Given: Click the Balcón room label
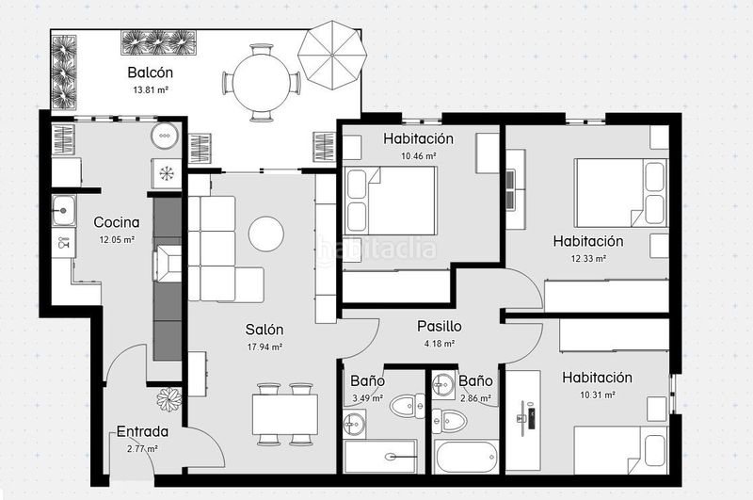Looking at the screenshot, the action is tap(151, 73).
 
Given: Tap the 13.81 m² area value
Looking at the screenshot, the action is tap(151, 89).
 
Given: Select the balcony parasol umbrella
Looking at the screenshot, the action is tap(332, 55).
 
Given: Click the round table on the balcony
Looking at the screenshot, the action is tap(262, 83).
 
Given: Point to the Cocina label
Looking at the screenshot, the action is tap(117, 222).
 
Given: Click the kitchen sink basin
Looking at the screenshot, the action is tap(63, 210).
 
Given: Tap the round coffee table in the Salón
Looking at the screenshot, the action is tap(266, 234).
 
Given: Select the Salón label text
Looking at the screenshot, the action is tap(264, 330).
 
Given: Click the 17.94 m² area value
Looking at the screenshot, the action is tap(264, 347).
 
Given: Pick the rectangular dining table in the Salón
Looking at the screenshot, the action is tap(285, 414).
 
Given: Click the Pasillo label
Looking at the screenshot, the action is tap(440, 327).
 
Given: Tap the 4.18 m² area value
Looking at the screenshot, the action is tap(440, 344).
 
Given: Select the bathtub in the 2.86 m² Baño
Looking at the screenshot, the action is tap(466, 458).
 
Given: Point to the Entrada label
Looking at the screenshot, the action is tap(143, 432).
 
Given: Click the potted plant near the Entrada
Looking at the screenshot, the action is tap(169, 399).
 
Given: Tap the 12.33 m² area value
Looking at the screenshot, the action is tap(588, 258).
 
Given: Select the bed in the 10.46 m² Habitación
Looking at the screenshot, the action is tap(391, 201).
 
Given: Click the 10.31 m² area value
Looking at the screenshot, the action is tap(598, 395).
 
